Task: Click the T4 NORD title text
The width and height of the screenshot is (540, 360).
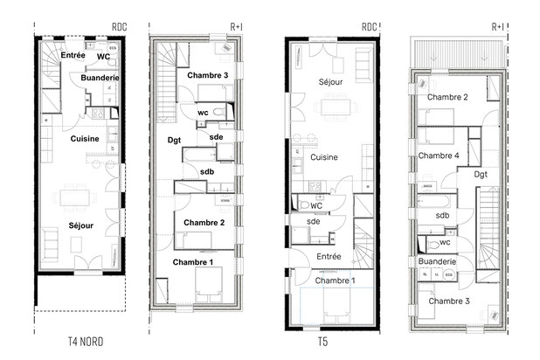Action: (x=86, y=342)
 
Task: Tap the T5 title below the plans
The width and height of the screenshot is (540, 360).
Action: (x=322, y=342)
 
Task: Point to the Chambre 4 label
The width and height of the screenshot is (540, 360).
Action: (x=439, y=156)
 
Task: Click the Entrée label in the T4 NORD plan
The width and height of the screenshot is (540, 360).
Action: (x=73, y=55)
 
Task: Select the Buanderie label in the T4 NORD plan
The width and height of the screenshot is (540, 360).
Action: (x=100, y=78)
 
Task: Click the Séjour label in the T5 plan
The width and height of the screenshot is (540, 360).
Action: (x=330, y=82)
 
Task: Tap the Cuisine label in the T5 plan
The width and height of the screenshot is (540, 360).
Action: (x=324, y=157)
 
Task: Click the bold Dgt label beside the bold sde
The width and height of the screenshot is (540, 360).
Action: (x=174, y=140)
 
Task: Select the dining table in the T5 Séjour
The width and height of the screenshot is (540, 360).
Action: (x=336, y=107)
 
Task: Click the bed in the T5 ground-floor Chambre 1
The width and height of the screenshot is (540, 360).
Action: (x=336, y=302)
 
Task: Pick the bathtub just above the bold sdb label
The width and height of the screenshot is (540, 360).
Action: (x=200, y=155)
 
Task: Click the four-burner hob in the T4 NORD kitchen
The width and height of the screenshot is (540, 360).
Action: (x=98, y=114)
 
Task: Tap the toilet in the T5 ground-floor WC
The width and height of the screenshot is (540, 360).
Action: (x=304, y=205)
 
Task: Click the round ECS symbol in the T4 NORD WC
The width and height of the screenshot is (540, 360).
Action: (x=113, y=48)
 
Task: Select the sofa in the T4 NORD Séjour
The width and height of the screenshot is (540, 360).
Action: (x=50, y=244)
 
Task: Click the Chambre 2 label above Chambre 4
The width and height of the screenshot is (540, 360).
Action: (x=447, y=97)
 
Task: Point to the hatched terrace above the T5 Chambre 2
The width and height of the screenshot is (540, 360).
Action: (x=459, y=53)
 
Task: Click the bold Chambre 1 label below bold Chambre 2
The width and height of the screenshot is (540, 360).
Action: (x=193, y=262)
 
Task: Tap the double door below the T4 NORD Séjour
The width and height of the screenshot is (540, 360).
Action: (x=88, y=263)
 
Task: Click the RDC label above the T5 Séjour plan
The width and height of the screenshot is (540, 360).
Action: (x=370, y=27)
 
